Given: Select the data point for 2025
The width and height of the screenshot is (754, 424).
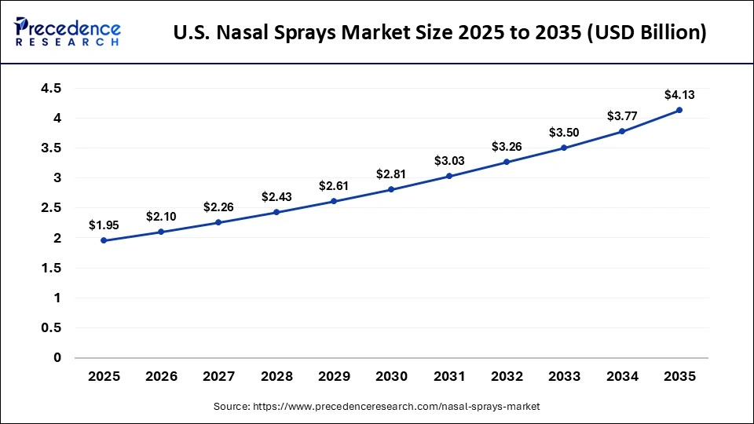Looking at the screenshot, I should (x=104, y=240).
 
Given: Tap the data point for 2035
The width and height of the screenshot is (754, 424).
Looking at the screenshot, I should (x=679, y=110).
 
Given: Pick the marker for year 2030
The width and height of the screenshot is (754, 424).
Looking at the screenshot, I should (x=391, y=189).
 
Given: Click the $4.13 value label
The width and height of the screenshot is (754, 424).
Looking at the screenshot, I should (x=679, y=94).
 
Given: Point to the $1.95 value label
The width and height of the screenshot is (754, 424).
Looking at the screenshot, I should (x=104, y=225).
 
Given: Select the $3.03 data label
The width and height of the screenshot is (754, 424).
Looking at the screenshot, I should (x=449, y=160).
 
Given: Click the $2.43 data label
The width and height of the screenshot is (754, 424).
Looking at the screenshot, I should (x=276, y=196).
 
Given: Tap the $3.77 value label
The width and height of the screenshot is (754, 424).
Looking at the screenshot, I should (x=622, y=116).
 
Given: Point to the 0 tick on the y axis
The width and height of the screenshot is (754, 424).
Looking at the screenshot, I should (x=57, y=357).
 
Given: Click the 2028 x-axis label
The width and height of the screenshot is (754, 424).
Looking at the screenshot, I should (x=276, y=377).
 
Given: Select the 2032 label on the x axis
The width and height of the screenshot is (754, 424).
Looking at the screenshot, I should (x=507, y=377).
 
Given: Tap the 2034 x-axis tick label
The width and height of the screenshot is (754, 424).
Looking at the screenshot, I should (x=622, y=377).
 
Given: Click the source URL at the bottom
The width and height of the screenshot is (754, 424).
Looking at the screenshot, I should (x=377, y=407).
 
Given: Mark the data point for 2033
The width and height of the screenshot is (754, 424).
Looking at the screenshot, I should (x=564, y=148).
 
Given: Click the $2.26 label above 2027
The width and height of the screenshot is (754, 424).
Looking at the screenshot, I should (x=219, y=207).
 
